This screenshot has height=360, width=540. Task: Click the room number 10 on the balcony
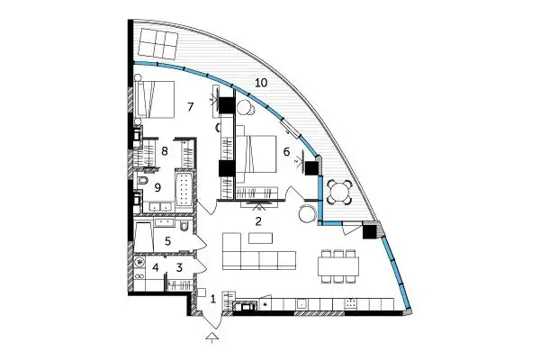point(261,83)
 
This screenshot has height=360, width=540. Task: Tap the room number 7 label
point(191,107)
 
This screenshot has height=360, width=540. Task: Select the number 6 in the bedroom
point(286,151)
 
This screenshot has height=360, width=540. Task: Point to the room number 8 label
point(165,151)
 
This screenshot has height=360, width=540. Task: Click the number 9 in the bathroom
point(157,188)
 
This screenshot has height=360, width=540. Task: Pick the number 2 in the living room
point(258,221)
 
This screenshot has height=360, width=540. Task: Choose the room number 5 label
point(167,241)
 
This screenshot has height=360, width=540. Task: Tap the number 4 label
point(156,267)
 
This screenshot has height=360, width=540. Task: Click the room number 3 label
point(179,267)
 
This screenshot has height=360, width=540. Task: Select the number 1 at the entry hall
point(213,299)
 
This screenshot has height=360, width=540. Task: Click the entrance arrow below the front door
point(212,337)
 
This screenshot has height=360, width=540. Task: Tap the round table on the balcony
point(339,193)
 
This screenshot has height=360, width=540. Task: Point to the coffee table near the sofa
point(261,238)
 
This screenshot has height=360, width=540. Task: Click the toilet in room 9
point(142,181)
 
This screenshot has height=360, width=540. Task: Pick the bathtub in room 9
point(184,190)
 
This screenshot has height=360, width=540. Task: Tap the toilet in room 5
point(184,225)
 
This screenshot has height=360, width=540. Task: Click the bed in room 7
point(155,100)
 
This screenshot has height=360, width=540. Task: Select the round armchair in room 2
point(307,214)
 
